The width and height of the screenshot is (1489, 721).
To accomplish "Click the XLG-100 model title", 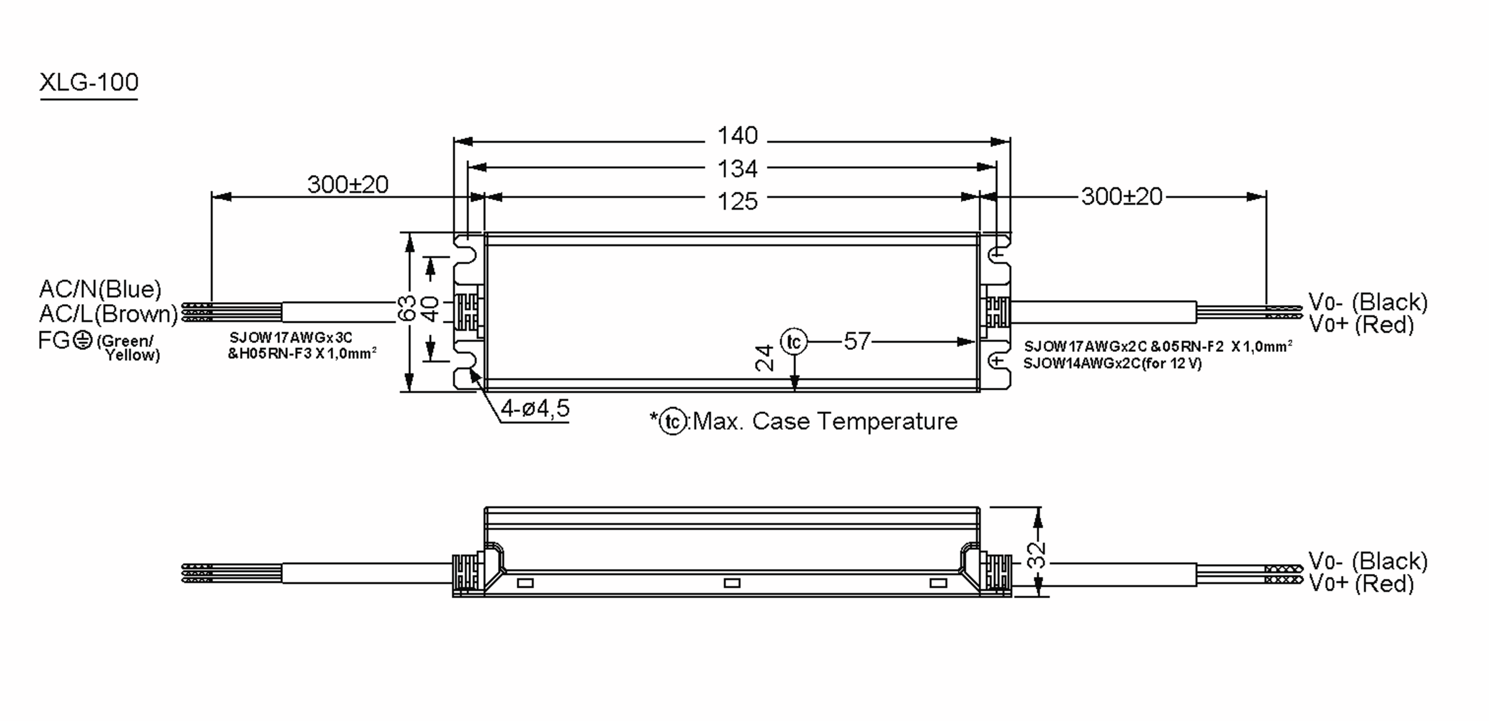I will (89, 83).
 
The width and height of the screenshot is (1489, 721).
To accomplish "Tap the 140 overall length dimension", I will (737, 136).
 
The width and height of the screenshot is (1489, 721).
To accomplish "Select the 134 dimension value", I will (737, 169).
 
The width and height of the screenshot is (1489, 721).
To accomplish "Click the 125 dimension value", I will (737, 202).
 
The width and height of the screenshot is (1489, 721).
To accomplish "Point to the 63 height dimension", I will (406, 308).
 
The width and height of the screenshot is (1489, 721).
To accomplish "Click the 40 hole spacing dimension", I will (431, 308).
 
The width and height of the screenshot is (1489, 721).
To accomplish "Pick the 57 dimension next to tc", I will (857, 341).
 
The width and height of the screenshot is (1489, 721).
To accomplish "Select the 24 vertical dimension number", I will (765, 358).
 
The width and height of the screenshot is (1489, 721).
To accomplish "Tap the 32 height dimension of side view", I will (1037, 556).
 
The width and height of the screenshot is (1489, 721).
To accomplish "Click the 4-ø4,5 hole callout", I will (535, 409).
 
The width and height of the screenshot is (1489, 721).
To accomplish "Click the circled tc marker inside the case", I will (794, 342).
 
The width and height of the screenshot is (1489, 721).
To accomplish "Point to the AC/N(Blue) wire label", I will (100, 289).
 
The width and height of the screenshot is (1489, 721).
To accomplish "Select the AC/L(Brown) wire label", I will (109, 314).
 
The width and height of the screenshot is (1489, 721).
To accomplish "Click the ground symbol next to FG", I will (83, 340).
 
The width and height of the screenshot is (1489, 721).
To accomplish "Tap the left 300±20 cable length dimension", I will (347, 185).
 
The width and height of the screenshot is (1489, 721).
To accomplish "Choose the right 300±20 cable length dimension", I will (1121, 197).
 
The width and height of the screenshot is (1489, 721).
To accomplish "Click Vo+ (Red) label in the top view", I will (1361, 325).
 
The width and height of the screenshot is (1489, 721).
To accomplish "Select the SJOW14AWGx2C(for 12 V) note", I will (1112, 364).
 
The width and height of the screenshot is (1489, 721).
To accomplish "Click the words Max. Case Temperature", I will (825, 422).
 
